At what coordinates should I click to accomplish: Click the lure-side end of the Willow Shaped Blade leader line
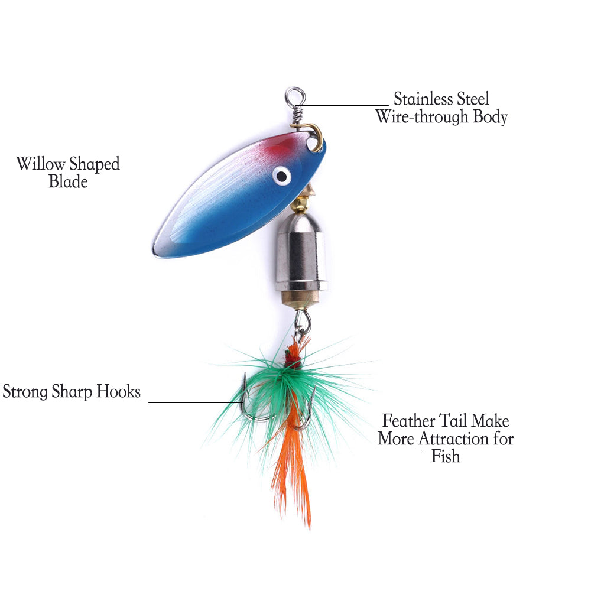tap(222, 188)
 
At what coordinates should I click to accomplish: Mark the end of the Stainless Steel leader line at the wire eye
tap(296, 106)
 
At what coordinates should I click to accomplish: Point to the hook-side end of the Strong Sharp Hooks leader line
tap(243, 402)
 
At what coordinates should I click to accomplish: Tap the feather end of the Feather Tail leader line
tap(302, 450)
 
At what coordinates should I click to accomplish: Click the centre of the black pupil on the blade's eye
tap(281, 176)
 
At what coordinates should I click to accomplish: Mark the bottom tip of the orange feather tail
tap(310, 528)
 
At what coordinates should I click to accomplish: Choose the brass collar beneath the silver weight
tap(300, 298)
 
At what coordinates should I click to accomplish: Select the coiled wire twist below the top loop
tap(297, 115)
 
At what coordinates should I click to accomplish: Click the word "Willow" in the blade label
tap(41, 164)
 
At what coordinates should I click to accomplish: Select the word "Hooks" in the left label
tap(118, 391)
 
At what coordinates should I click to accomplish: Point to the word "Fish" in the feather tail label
tap(446, 456)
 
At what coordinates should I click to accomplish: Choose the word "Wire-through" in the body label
tap(422, 116)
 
